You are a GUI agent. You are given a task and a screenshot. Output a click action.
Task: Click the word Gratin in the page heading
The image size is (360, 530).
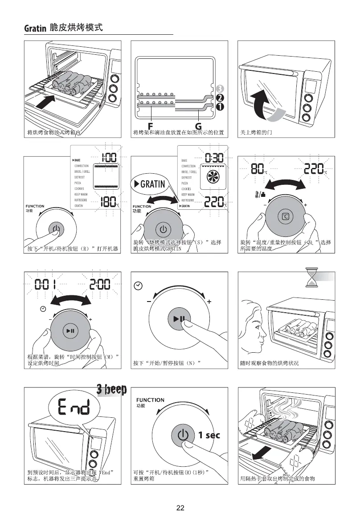[36, 29]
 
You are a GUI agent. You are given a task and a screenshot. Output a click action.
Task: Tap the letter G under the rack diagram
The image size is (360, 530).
[198, 126]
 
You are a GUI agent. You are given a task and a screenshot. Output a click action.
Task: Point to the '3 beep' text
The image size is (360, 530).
[112, 390]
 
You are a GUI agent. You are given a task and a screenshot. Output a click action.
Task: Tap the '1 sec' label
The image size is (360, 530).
[209, 435]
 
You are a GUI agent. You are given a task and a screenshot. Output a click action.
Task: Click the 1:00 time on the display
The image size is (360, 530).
[108, 157]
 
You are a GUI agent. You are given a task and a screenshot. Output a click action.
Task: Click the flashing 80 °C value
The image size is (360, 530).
[259, 169]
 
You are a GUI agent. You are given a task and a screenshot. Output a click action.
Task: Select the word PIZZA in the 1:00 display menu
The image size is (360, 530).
[78, 183]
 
